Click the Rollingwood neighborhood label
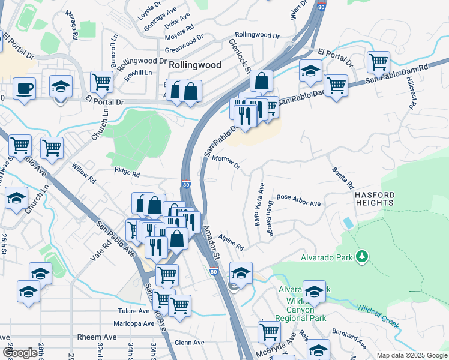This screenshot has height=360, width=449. click(x=195, y=65)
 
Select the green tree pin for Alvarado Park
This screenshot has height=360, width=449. click(x=361, y=257)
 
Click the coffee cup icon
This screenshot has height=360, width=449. click(x=24, y=89)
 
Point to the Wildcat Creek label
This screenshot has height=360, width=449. click(x=378, y=316)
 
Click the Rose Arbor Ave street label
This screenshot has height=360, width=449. click(x=298, y=200)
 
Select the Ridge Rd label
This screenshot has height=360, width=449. click(x=127, y=175)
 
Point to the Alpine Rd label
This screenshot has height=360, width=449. click(x=231, y=242)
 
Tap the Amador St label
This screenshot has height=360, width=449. click(x=212, y=242)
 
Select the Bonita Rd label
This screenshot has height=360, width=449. click(x=343, y=176)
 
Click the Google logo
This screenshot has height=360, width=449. click(x=20, y=353)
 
